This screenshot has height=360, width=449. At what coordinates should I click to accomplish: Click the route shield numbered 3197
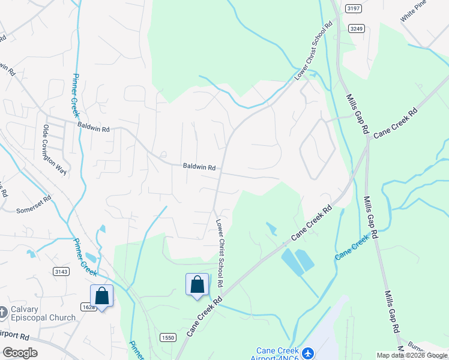coord(353,8)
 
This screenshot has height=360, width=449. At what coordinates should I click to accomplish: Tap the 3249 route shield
coord(357,28)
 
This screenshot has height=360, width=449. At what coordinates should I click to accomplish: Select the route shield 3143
coord(61,272)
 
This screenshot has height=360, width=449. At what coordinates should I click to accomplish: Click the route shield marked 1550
coord(168,338)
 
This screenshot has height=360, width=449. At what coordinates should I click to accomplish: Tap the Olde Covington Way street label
coord(53,150)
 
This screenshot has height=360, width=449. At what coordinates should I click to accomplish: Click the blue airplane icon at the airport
coord(308,353)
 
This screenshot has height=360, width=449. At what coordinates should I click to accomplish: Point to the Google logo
coord(20,353)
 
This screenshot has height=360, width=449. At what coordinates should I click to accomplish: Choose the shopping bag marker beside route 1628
coord(101,296)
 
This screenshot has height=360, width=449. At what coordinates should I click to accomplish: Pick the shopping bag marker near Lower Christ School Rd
coord(197,284)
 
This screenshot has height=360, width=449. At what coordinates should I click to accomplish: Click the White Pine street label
coord(416,13)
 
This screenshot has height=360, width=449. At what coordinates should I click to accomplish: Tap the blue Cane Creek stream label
coord(352,248)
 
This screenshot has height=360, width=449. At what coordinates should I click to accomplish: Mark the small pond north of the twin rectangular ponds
coord(271,229)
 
